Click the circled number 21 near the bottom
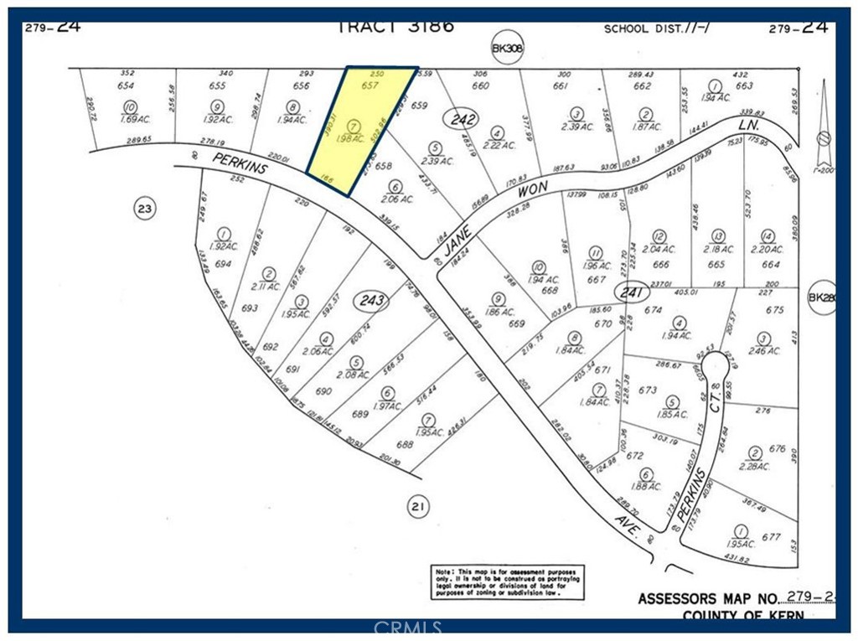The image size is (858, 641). (417, 504)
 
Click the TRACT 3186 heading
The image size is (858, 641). (395, 25)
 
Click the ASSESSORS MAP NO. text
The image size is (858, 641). (708, 599)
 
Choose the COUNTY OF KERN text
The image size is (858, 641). (743, 616)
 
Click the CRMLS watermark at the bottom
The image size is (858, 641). (408, 627)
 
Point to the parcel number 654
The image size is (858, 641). (127, 86)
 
